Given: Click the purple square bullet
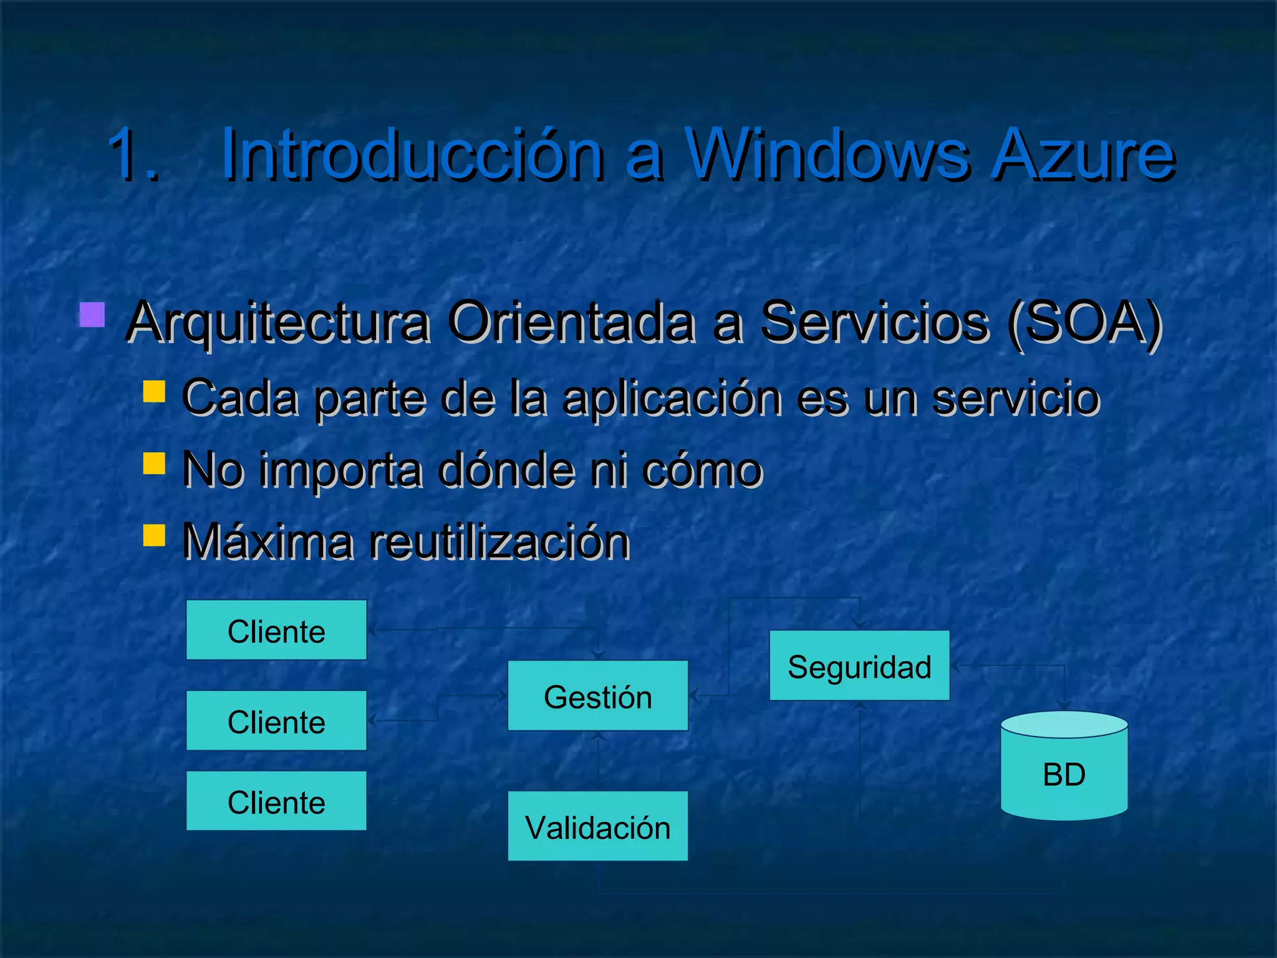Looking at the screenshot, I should tap(92, 315).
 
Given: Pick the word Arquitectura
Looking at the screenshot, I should tap(278, 323).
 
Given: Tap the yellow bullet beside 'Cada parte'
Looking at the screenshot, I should tap(154, 392).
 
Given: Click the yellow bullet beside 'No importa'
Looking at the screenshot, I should tap(154, 463).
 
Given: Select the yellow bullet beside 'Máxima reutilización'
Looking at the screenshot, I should tap(154, 535).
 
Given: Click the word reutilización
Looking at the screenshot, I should tap(499, 541).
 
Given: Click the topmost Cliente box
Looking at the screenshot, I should tap(276, 630).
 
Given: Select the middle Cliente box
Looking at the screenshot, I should tap(276, 720).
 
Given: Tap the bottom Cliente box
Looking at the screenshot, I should tap(276, 801).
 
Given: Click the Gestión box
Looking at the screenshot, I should tap(598, 695).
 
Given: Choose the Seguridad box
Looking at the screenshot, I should tap(859, 665).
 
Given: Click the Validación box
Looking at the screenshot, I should tap(598, 826).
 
